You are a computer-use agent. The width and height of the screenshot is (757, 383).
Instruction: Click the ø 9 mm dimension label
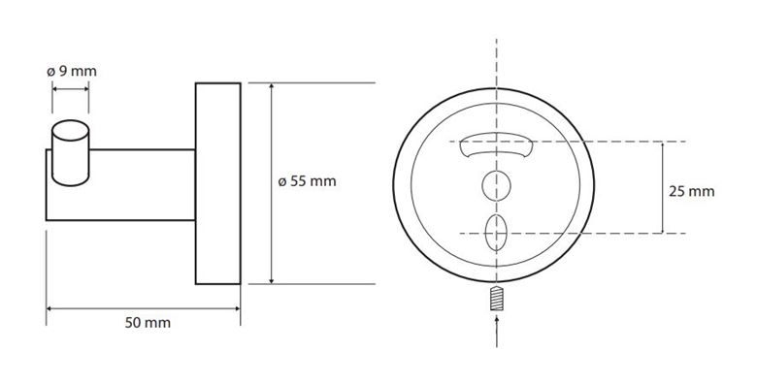click(72, 72)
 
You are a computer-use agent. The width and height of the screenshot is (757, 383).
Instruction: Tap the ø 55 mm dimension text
click(307, 182)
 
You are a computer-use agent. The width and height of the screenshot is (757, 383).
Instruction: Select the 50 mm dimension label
click(148, 323)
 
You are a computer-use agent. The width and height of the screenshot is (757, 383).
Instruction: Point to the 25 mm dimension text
click(691, 192)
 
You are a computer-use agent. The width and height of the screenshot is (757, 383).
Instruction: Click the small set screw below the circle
click(496, 298)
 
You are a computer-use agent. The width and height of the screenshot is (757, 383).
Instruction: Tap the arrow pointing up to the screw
click(496, 331)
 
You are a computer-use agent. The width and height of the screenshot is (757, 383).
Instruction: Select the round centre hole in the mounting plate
click(496, 186)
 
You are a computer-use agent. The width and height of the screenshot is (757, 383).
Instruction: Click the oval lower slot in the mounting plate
click(496, 233)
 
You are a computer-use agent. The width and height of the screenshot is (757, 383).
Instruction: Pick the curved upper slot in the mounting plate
click(496, 144)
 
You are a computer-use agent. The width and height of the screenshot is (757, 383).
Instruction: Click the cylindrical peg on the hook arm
click(71, 153)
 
